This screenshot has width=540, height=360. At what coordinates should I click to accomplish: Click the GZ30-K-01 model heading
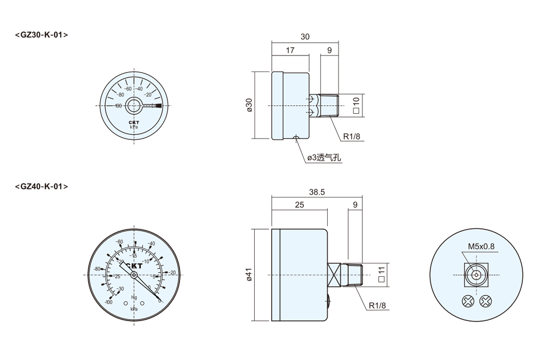click(x=41, y=35)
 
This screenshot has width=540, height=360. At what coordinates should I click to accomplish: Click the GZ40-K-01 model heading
click(x=41, y=186)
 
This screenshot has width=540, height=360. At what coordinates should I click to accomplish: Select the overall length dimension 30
click(x=305, y=36)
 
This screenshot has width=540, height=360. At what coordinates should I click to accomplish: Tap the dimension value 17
click(x=290, y=50)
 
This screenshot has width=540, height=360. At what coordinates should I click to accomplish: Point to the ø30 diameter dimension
click(x=249, y=105)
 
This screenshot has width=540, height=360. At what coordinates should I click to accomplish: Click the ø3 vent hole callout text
click(x=324, y=157)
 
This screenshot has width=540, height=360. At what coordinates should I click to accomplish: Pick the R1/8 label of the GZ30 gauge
click(x=351, y=136)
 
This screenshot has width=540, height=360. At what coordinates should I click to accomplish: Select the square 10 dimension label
click(x=356, y=105)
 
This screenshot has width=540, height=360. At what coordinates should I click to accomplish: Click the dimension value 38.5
click(x=317, y=192)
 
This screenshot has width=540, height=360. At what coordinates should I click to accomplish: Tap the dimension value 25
click(x=299, y=205)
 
